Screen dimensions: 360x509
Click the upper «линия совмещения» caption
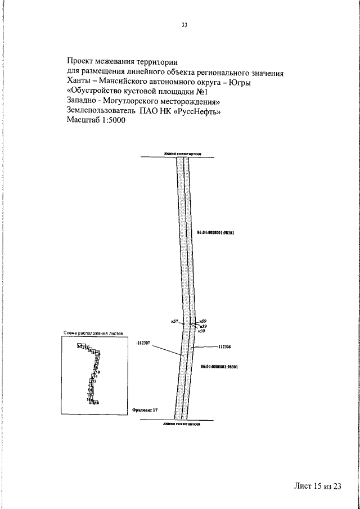[183, 153]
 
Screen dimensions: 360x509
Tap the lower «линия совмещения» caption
[182, 425]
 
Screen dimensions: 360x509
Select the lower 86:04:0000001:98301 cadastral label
[220, 366]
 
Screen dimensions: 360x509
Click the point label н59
[203, 321]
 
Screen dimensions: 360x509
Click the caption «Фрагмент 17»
[145, 411]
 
